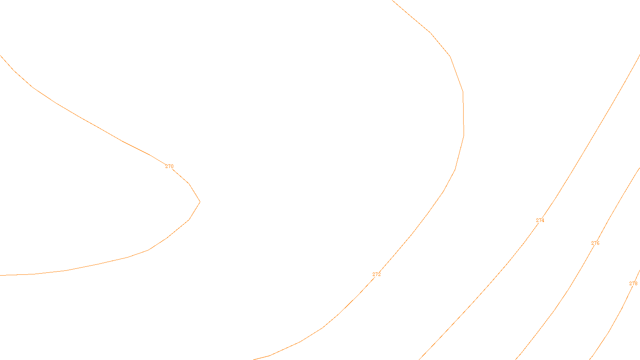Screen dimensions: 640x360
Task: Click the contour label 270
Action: point(169,166)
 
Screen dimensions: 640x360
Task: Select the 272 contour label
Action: point(376,274)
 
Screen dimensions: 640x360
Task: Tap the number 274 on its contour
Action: point(540,220)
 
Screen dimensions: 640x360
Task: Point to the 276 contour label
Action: point(595,243)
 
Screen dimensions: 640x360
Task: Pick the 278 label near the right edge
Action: point(633,284)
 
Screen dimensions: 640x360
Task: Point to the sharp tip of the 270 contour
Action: point(200,202)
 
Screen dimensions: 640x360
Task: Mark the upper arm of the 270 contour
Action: point(98,128)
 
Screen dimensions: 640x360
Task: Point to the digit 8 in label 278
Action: point(636,284)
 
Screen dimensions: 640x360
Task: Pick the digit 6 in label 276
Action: point(598,243)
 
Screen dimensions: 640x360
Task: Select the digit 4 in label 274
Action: point(543,220)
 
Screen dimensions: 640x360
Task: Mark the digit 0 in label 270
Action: point(172,166)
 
